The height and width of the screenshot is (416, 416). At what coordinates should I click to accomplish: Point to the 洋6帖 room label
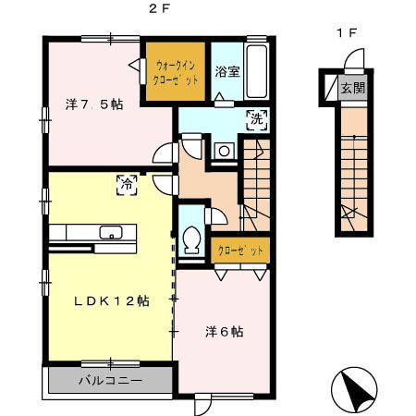(x=222, y=331)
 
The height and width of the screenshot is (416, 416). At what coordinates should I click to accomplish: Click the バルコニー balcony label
(x=108, y=380)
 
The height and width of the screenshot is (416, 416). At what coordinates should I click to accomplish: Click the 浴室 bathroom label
(x=228, y=70)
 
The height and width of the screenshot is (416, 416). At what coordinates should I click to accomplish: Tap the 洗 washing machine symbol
(x=255, y=117)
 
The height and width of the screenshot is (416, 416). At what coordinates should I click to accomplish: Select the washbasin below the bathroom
(x=223, y=151)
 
